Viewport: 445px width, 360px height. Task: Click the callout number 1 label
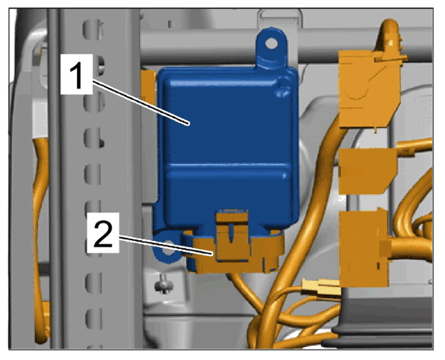[76, 74]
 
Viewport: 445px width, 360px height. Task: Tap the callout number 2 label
[103, 233]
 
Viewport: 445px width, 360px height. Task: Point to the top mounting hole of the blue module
[271, 43]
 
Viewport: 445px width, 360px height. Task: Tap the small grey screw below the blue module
[164, 284]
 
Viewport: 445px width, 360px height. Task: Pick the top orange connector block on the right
[369, 88]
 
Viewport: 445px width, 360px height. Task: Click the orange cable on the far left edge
[41, 241]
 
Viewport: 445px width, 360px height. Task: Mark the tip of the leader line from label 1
[188, 124]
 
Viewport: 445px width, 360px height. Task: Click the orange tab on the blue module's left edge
[148, 88]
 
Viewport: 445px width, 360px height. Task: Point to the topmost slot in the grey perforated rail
[92, 29]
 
